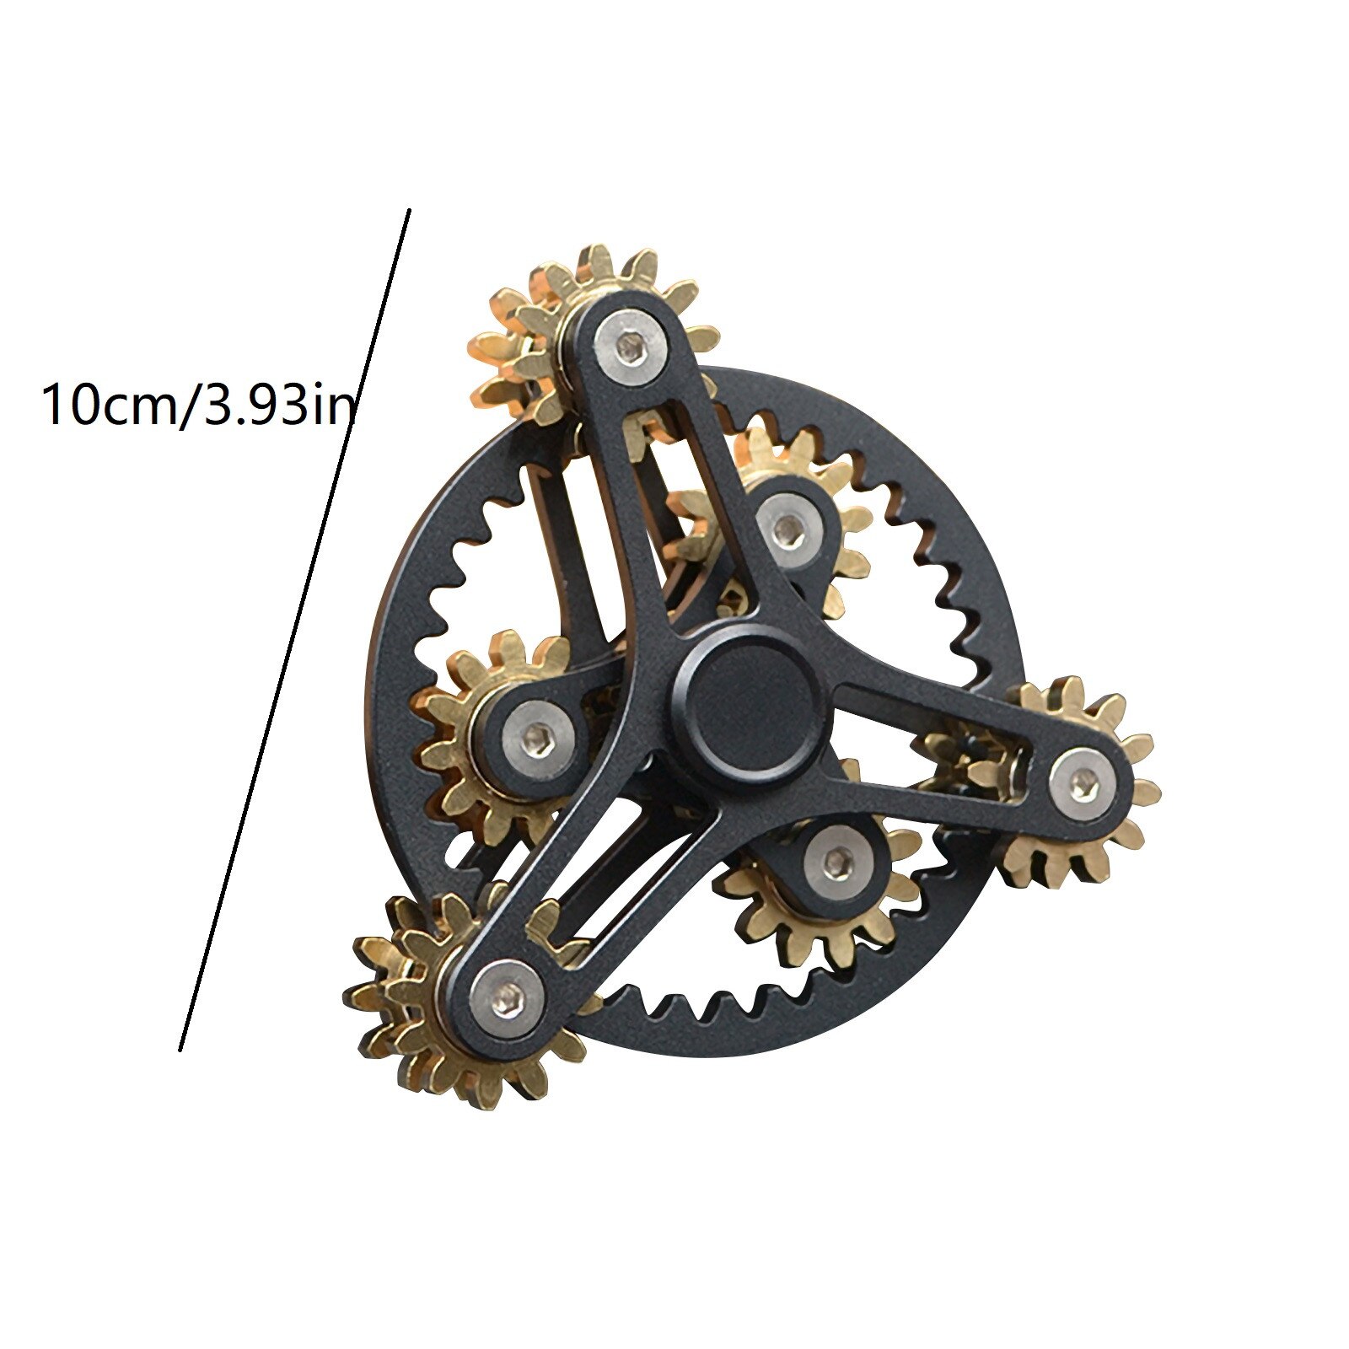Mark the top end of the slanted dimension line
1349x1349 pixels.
pos(409,211)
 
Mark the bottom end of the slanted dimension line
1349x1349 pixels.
pos(180,1049)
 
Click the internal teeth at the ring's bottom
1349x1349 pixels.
pos(717,1008)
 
